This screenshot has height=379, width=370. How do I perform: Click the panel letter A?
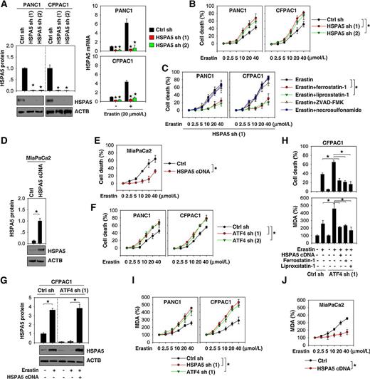pos(5,6)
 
